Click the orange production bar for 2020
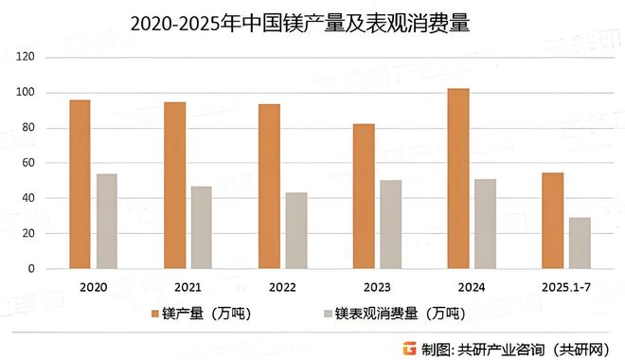(80, 185)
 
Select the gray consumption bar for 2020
(106, 222)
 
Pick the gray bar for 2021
(201, 227)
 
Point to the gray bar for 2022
(296, 231)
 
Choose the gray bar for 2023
(391, 225)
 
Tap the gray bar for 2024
(486, 224)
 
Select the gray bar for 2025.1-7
(580, 243)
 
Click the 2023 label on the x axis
(377, 286)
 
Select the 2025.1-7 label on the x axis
(566, 286)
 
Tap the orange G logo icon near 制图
(407, 346)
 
